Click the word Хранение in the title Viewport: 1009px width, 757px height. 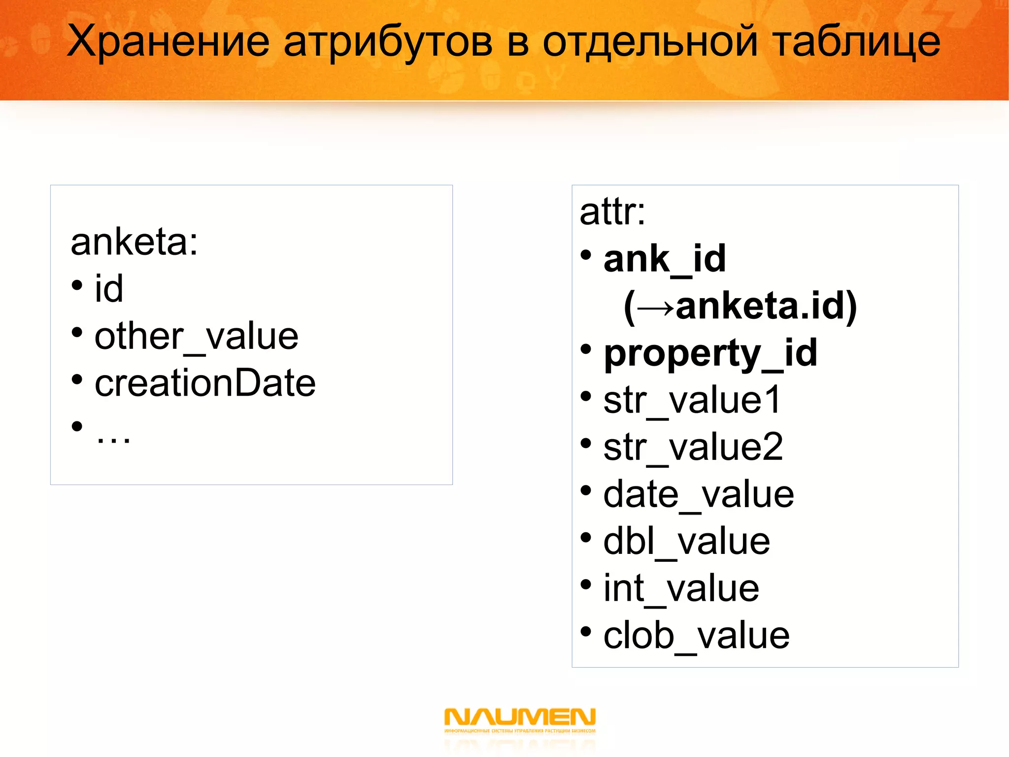[168, 41]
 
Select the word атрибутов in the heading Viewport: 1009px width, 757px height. [388, 42]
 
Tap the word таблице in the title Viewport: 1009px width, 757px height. [856, 41]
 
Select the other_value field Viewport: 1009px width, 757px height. [196, 336]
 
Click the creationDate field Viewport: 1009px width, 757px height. [205, 383]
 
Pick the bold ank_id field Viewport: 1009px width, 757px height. [665, 259]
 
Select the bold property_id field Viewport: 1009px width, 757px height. [710, 353]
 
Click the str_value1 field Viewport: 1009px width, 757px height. [692, 400]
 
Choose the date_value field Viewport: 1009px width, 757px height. [699, 494]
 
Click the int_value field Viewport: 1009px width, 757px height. [681, 588]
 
